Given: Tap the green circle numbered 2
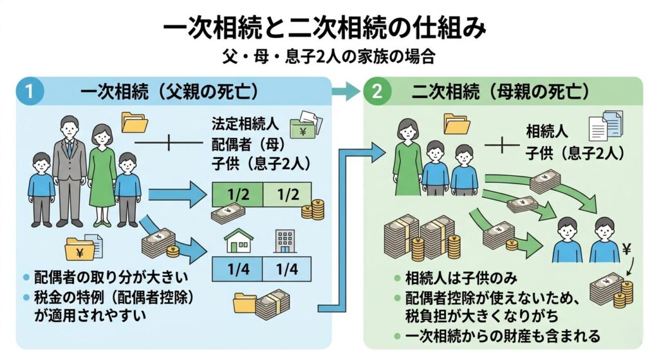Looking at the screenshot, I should click(x=377, y=91).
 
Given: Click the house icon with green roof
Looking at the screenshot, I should click(x=237, y=243).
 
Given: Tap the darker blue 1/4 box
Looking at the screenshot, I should click(x=237, y=267).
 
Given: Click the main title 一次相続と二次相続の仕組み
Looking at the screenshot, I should click(x=329, y=29).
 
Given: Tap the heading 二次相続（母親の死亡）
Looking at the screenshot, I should click(x=501, y=91).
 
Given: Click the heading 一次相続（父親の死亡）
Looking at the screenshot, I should click(x=169, y=91).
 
